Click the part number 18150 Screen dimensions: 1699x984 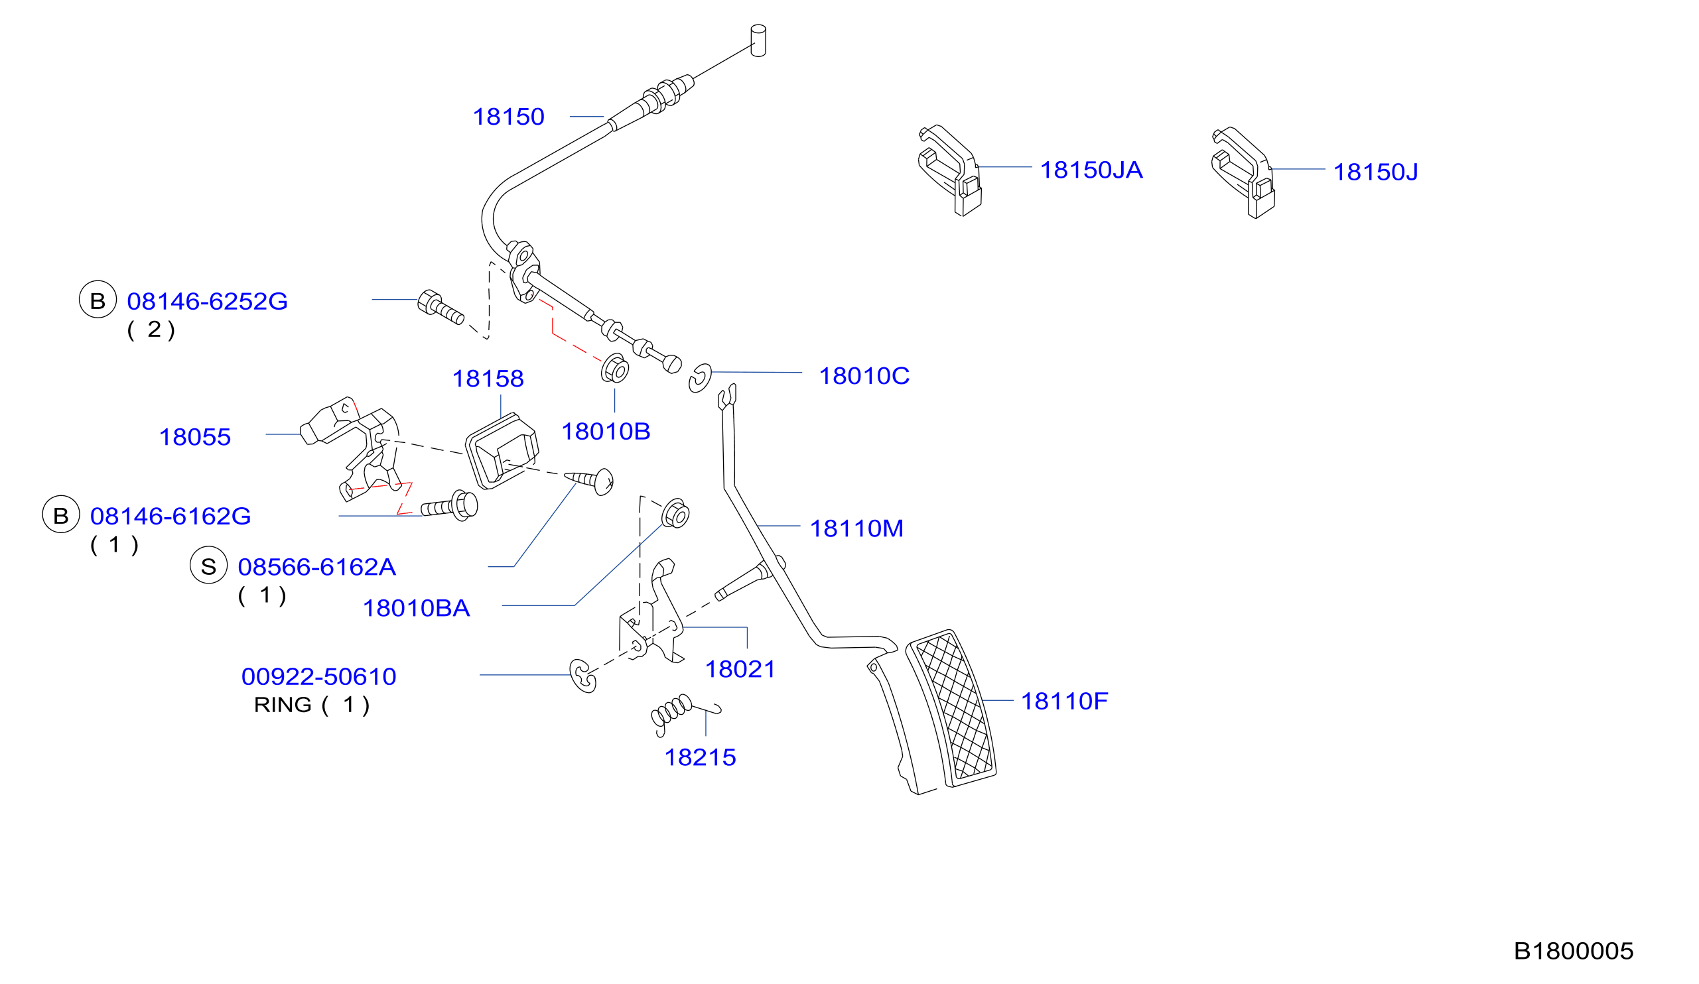point(508,117)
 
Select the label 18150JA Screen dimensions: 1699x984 point(1091,170)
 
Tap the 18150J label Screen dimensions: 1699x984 point(1376,172)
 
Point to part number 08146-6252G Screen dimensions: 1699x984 point(208,302)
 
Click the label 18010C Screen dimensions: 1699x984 point(864,377)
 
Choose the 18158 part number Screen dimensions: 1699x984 point(488,379)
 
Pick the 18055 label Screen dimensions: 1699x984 point(195,438)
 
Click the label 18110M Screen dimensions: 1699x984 point(857,529)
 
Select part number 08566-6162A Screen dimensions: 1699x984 point(317,568)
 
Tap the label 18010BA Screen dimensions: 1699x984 point(417,609)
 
